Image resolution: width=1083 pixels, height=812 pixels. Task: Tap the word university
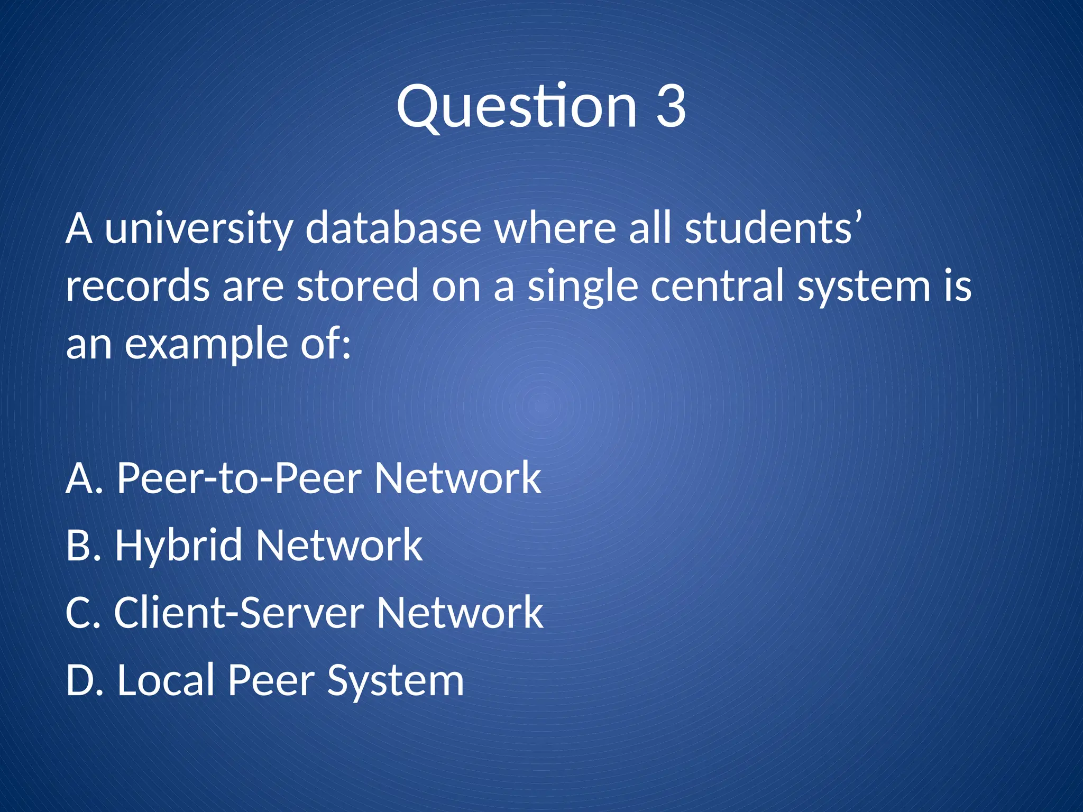tap(199, 228)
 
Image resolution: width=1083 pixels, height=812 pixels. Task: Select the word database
tap(393, 228)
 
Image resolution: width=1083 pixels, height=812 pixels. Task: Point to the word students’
tap(773, 228)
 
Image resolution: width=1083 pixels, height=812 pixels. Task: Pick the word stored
tap(357, 286)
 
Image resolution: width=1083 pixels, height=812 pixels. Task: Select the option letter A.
tap(79, 477)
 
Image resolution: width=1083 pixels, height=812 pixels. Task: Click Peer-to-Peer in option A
tap(239, 477)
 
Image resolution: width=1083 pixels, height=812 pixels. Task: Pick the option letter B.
tap(78, 545)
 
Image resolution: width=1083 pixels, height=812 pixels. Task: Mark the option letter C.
tap(78, 612)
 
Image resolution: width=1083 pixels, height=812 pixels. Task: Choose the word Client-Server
tap(239, 612)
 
